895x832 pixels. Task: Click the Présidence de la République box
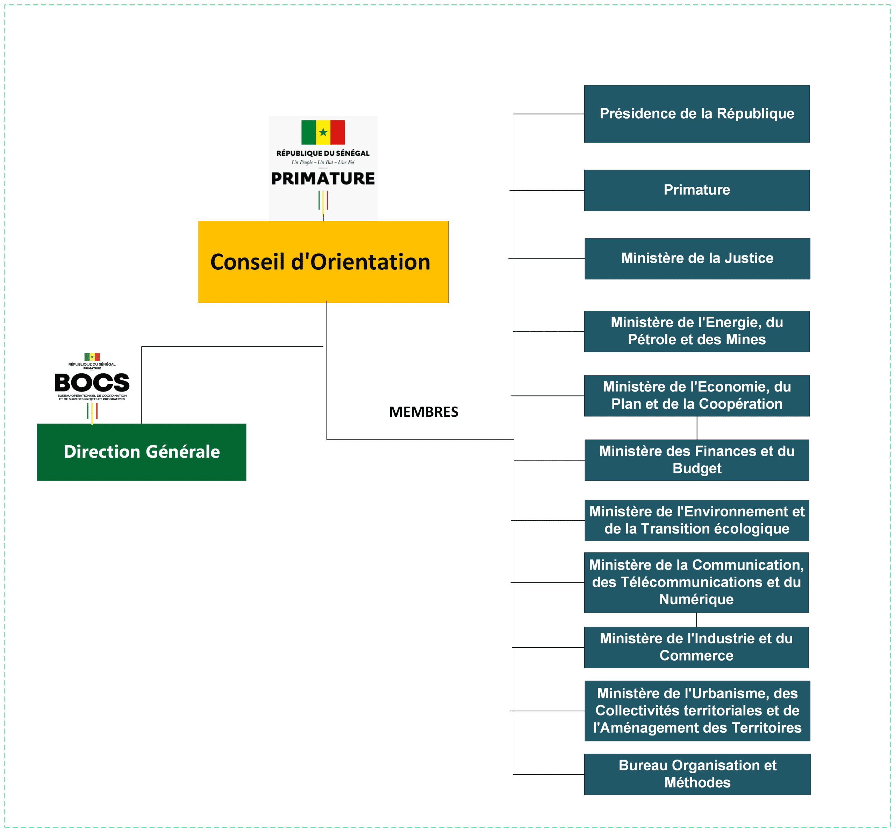pyautogui.click(x=696, y=114)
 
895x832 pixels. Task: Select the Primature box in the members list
pyautogui.click(x=696, y=190)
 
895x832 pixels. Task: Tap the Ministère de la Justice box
pyautogui.click(x=697, y=259)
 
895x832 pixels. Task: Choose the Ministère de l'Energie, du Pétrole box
pyautogui.click(x=696, y=331)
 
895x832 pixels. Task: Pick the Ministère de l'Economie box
pyautogui.click(x=696, y=395)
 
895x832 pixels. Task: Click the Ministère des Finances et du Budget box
pyautogui.click(x=696, y=460)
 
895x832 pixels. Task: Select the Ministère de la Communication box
pyautogui.click(x=696, y=582)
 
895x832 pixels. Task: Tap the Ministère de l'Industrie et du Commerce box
pyautogui.click(x=696, y=647)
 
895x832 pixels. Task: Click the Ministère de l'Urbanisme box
pyautogui.click(x=697, y=711)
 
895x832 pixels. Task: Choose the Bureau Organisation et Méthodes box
pyautogui.click(x=697, y=774)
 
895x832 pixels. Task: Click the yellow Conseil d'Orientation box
pyautogui.click(x=323, y=262)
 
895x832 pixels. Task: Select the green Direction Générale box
pyautogui.click(x=141, y=452)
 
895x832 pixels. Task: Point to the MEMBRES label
pyautogui.click(x=423, y=411)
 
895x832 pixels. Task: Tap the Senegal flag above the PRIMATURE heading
pyautogui.click(x=323, y=132)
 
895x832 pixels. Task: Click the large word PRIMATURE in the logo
pyautogui.click(x=323, y=178)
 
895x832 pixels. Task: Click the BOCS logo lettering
pyautogui.click(x=92, y=383)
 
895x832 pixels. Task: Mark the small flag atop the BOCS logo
pyautogui.click(x=92, y=357)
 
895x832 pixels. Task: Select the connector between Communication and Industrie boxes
pyautogui.click(x=696, y=620)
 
